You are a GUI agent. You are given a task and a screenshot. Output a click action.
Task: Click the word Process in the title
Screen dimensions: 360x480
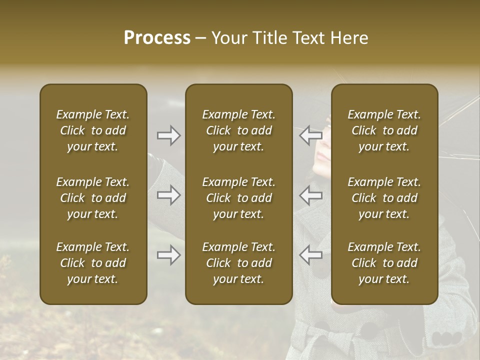[x=157, y=38]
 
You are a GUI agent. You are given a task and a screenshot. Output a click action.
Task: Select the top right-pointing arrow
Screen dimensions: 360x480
[x=168, y=135]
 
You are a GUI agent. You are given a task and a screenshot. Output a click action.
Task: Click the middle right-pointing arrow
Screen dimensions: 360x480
[x=168, y=195]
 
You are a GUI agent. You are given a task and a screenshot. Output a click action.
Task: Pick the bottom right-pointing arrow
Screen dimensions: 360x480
[x=168, y=255]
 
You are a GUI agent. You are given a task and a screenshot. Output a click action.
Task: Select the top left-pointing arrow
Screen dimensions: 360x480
[x=311, y=135]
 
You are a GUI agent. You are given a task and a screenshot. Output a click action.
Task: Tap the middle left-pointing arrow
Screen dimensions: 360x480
[x=311, y=195]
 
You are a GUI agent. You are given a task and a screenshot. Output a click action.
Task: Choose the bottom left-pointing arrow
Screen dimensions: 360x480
[x=311, y=255]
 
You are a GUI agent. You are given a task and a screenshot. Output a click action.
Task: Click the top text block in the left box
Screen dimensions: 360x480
[x=93, y=130]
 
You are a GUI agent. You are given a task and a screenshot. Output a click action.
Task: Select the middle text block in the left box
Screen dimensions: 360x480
[x=93, y=198]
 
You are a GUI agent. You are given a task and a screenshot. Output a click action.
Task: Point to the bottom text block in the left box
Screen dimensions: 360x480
[x=93, y=263]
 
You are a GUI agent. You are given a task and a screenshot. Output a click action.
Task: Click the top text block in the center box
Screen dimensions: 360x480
[x=239, y=130]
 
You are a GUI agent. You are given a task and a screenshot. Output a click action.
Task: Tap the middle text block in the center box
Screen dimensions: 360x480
[x=239, y=198]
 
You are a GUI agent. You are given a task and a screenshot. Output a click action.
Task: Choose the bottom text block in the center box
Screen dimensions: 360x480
[x=239, y=263]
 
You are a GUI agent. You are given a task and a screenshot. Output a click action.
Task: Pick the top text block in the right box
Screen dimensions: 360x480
[x=384, y=130]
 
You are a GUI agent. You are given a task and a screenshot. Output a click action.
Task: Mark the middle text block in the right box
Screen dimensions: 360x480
[x=384, y=198]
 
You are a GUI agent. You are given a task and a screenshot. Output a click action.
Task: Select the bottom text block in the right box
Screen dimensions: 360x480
[x=384, y=263]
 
